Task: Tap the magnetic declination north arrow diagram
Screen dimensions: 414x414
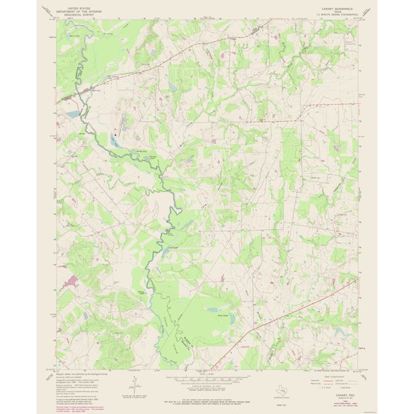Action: tap(134, 390)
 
